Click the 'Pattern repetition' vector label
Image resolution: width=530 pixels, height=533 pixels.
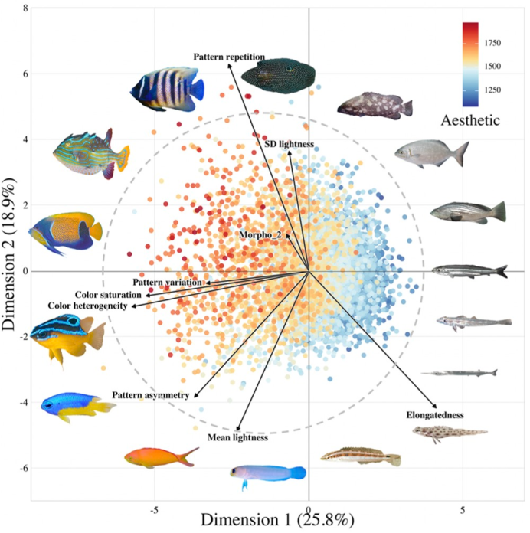[229, 57]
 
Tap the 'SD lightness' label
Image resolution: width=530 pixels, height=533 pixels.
[289, 145]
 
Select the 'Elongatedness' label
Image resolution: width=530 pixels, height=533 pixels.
[435, 415]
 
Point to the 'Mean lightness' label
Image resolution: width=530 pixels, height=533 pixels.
[237, 438]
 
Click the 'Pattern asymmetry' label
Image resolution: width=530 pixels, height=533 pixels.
[150, 395]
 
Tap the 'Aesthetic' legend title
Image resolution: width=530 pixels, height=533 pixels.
[471, 120]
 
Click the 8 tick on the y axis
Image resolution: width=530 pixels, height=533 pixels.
[25, 8]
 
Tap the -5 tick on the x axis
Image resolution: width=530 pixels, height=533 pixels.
[155, 508]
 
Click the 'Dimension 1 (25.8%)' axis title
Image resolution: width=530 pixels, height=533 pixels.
[277, 520]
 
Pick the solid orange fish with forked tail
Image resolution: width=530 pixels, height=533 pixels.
[159, 458]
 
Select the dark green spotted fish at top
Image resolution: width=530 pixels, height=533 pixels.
[277, 75]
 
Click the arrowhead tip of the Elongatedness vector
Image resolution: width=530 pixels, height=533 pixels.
[437, 407]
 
